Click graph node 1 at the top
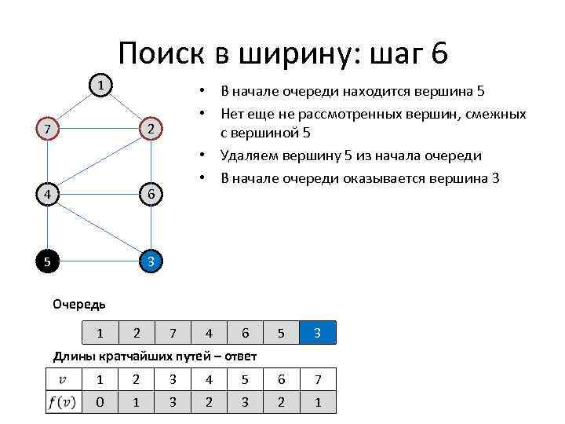point(100,85)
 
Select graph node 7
point(49,128)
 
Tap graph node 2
point(151,128)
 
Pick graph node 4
point(49,194)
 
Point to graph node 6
point(151,194)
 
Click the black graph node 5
point(49,261)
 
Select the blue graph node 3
point(151,261)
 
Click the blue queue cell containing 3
point(317,334)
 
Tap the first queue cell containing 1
point(100,334)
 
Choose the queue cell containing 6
point(245,334)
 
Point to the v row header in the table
point(64,380)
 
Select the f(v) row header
point(64,402)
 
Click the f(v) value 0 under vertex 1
point(100,402)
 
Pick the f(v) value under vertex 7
point(317,402)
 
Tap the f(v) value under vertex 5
point(245,402)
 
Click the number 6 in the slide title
point(439,53)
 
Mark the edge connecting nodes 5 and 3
point(100,261)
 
